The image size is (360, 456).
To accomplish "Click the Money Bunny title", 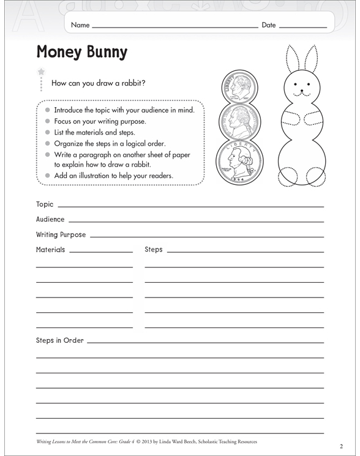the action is (81, 53).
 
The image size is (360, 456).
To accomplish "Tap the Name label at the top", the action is (80, 25).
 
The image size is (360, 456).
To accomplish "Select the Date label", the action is (269, 25).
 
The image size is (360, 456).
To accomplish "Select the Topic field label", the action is (45, 204).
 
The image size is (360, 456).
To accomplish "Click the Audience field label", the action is (50, 219).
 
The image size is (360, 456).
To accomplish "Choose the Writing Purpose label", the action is (61, 234).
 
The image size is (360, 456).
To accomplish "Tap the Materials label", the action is (50, 250).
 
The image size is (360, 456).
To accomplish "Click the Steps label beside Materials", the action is (154, 250).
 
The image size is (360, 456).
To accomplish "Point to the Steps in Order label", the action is (60, 340).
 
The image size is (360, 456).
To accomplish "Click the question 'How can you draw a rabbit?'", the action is (99, 83).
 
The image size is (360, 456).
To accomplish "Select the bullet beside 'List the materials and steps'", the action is (47, 132).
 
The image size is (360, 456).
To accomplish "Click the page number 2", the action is (340, 445).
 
